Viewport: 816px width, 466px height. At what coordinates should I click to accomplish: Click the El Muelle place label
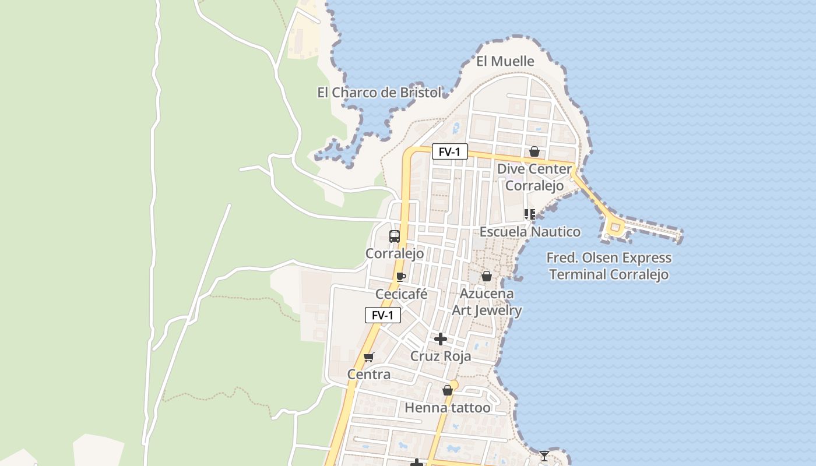point(505,61)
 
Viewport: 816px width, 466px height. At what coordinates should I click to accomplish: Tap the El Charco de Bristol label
point(379,93)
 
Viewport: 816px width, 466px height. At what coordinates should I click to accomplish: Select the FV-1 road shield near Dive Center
point(449,152)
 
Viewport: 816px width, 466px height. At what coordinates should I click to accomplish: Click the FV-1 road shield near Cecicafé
point(382,315)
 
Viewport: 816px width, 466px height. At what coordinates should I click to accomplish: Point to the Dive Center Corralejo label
point(534,177)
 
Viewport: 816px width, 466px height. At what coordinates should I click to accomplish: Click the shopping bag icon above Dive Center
point(534,152)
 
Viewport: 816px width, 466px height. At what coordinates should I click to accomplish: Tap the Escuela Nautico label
point(529,232)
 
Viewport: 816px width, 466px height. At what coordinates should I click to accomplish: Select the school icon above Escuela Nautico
point(529,214)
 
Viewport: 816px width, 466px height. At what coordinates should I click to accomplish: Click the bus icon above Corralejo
point(395,236)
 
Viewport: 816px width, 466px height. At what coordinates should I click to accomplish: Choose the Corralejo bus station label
point(395,253)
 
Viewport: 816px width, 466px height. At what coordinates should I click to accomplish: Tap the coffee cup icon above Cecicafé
point(400,277)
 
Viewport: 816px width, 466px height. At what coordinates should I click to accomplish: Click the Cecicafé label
point(401,294)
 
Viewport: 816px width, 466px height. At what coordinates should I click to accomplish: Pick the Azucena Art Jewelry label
point(487,302)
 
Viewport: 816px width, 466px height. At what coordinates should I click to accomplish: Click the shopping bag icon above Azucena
point(486,276)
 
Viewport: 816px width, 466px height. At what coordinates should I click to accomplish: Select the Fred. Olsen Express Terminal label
point(609,266)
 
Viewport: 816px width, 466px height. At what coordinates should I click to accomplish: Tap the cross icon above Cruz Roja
point(441,338)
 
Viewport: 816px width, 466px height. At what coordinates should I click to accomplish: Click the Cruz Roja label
point(441,356)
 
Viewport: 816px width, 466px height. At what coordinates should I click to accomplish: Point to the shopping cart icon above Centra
point(368,357)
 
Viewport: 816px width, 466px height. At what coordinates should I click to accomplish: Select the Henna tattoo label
point(448,408)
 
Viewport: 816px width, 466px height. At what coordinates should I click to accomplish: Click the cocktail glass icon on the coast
point(544,456)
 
